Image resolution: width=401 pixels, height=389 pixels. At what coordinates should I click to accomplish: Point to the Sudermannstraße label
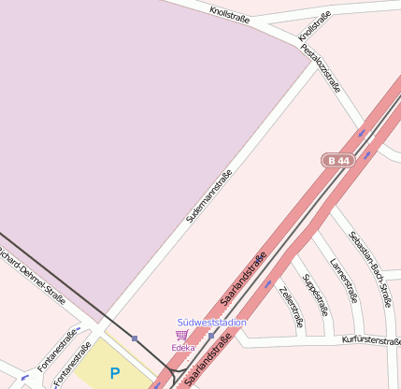[208, 195]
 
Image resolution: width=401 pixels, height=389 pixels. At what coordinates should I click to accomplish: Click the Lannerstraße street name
[344, 281]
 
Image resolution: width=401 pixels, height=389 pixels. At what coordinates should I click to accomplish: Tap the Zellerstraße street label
[292, 308]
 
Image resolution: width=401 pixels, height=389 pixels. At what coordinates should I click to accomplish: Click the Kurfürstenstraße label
[372, 341]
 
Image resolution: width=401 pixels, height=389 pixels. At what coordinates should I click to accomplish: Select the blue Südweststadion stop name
[212, 323]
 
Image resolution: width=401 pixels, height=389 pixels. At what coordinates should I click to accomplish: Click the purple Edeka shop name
[182, 348]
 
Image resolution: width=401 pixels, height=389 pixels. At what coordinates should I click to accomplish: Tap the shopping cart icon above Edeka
[181, 335]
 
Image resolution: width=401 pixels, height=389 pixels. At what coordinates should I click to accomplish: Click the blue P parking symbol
[115, 373]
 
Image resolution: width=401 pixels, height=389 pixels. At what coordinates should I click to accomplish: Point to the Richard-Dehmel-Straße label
[28, 271]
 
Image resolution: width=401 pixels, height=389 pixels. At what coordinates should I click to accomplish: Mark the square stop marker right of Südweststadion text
[212, 335]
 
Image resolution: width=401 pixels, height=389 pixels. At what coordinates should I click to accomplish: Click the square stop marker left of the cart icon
[135, 338]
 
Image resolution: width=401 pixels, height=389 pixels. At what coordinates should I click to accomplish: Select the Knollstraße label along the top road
[230, 15]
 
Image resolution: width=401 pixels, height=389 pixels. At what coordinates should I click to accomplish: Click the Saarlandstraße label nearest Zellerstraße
[243, 278]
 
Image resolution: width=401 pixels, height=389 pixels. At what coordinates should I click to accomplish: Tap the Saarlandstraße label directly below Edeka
[208, 363]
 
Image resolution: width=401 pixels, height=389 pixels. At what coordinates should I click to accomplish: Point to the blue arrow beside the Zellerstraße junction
[268, 282]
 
